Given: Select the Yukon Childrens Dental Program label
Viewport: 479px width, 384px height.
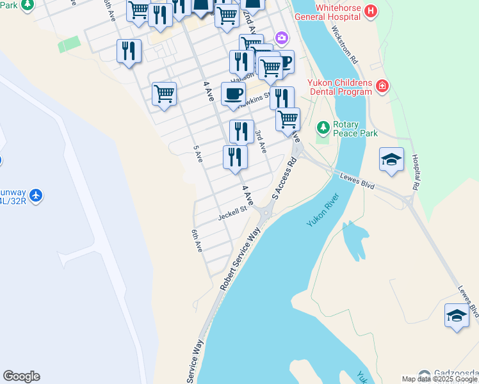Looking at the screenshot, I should (x=339, y=87).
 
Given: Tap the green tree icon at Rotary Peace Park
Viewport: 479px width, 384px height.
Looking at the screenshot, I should (x=323, y=128).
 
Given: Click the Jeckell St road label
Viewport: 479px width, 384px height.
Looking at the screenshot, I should (x=232, y=212).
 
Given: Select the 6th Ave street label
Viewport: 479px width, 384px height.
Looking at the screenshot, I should (x=197, y=241).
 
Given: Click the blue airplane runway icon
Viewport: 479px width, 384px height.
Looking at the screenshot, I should (x=36, y=195).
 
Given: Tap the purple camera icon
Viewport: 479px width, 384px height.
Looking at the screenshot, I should (x=281, y=38).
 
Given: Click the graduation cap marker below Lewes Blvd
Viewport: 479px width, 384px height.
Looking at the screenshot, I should (x=457, y=316).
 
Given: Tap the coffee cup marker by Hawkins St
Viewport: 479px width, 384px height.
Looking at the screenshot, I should (x=233, y=93).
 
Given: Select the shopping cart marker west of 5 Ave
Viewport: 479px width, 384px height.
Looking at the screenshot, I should (x=164, y=93).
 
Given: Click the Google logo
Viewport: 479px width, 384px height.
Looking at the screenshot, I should (x=21, y=376).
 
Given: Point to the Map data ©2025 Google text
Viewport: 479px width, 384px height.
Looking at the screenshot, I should (x=439, y=379).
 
